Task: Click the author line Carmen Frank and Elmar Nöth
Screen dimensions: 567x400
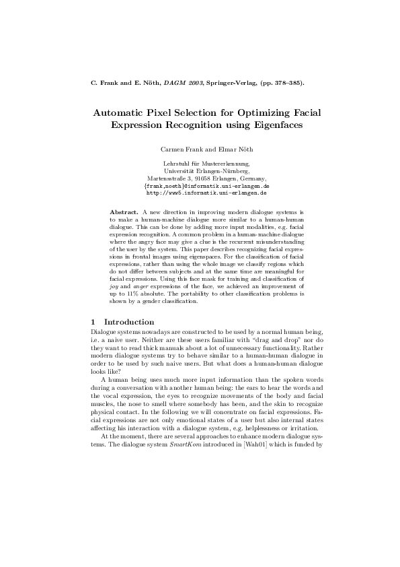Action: pyautogui.click(x=200, y=148)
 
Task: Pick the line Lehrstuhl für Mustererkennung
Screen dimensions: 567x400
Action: pyautogui.click(x=200, y=164)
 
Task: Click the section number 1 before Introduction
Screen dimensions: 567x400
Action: pyautogui.click(x=93, y=322)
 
